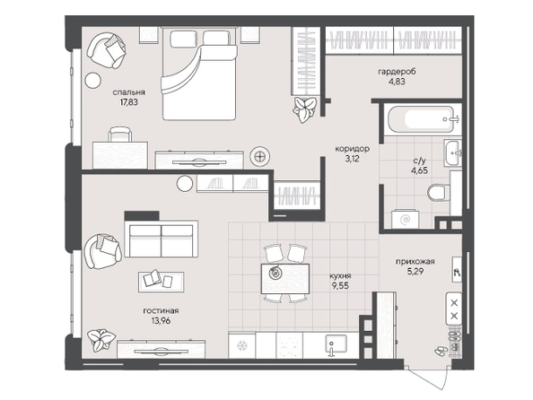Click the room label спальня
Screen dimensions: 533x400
(129, 92)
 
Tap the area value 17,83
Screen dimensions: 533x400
(129, 102)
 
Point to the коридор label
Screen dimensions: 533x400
(353, 149)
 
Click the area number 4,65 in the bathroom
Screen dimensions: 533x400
(419, 170)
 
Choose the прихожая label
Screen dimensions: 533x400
(415, 261)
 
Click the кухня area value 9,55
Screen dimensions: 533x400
(340, 286)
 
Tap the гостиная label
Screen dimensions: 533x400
(161, 310)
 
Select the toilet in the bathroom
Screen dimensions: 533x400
(438, 192)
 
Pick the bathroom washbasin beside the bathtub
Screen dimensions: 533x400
(452, 153)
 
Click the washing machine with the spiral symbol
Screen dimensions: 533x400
(406, 219)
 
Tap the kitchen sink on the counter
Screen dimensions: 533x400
(336, 344)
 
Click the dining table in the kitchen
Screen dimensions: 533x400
(285, 279)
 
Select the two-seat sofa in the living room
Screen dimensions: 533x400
(162, 239)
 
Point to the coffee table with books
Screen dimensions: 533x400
(162, 282)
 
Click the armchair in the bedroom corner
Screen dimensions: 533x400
(107, 50)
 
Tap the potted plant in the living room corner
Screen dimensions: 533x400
(100, 340)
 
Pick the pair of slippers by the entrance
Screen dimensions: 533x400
(441, 351)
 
